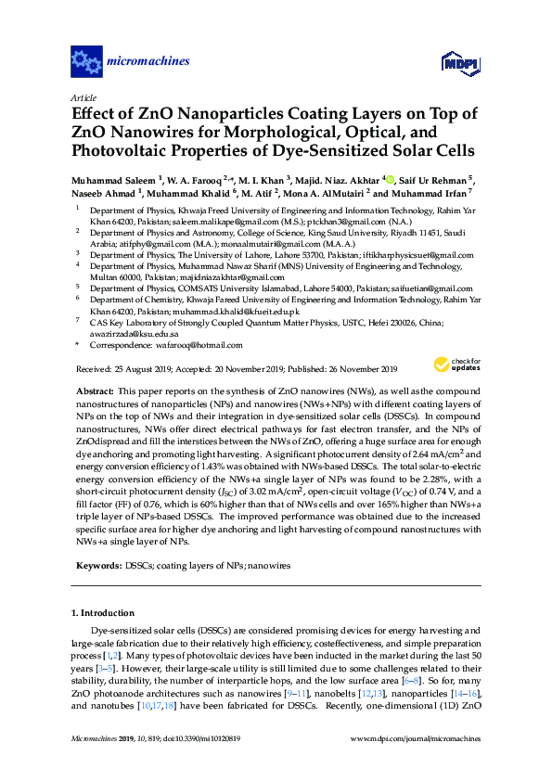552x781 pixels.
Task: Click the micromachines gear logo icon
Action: (87, 62)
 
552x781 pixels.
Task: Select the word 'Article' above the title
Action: (83, 98)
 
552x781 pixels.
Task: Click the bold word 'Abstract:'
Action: (94, 393)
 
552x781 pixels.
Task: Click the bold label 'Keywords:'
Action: (97, 565)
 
